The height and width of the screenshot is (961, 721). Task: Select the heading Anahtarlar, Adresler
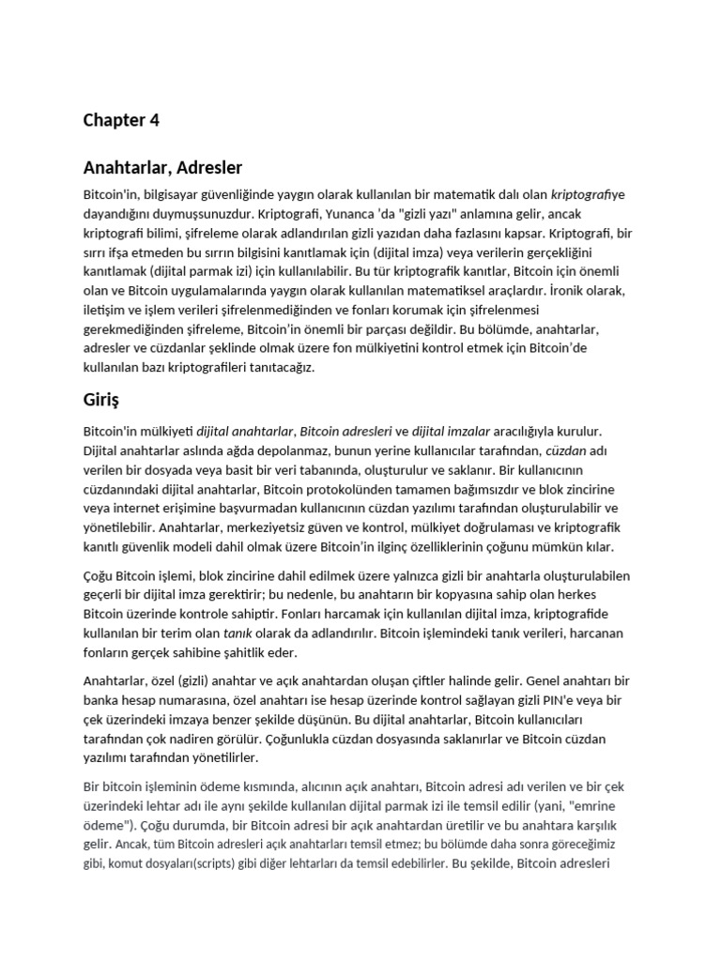point(162,168)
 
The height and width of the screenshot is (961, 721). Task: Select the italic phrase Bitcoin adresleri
point(344,432)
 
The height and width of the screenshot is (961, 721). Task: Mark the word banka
point(103,700)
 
